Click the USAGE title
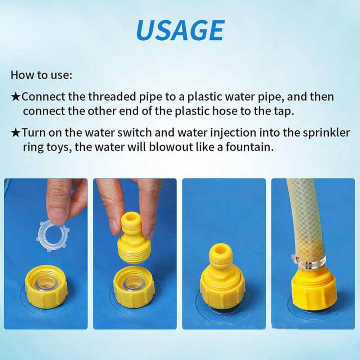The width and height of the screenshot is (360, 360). point(180,30)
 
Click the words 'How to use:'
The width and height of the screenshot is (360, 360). point(41,75)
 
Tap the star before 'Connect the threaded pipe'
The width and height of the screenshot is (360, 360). point(16,97)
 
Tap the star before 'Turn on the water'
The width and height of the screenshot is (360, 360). point(16,133)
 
